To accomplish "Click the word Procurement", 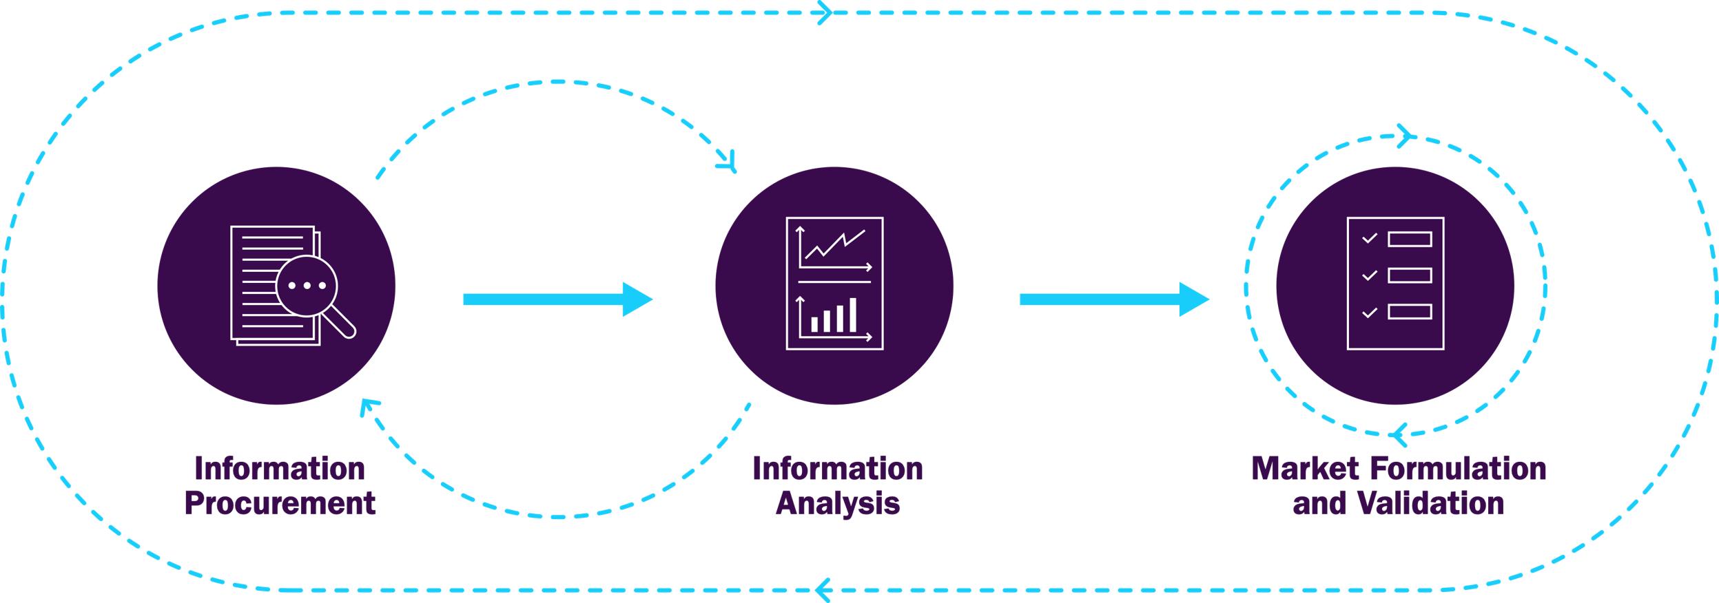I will click(x=280, y=503).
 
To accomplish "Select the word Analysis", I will click(x=838, y=503).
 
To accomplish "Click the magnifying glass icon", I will click(x=307, y=286).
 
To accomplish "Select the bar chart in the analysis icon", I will click(x=834, y=317).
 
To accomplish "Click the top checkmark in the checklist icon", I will click(x=1370, y=238).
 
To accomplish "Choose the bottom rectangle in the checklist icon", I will click(x=1410, y=312).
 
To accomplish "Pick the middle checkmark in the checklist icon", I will click(x=1370, y=275).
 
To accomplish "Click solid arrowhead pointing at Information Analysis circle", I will click(x=637, y=299).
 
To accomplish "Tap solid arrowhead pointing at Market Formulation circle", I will click(x=1194, y=299).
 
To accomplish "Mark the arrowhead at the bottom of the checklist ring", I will click(x=1399, y=435).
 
